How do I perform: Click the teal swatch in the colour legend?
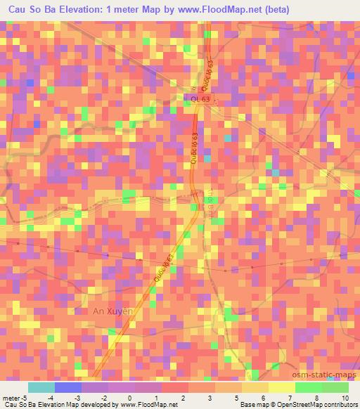coord(41,387)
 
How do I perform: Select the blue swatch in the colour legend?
coord(68,387)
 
